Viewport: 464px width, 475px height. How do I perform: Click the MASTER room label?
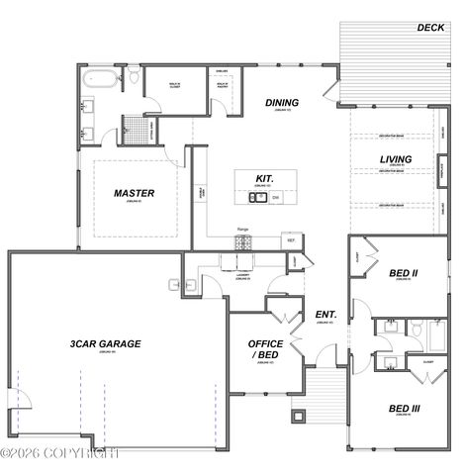[131, 193]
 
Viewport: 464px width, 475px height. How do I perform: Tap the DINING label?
[283, 102]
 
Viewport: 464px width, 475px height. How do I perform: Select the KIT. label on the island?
[264, 179]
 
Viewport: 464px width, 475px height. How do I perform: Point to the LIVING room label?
[396, 158]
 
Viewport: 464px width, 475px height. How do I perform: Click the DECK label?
[429, 28]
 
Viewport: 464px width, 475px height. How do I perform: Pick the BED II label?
[403, 272]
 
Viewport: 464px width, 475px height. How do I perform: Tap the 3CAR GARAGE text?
[105, 343]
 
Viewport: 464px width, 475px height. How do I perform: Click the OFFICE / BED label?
[266, 350]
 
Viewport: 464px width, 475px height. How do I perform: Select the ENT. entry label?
[325, 316]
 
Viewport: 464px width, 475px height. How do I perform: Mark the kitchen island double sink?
[256, 197]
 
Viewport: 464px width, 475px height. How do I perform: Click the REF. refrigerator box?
[292, 239]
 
